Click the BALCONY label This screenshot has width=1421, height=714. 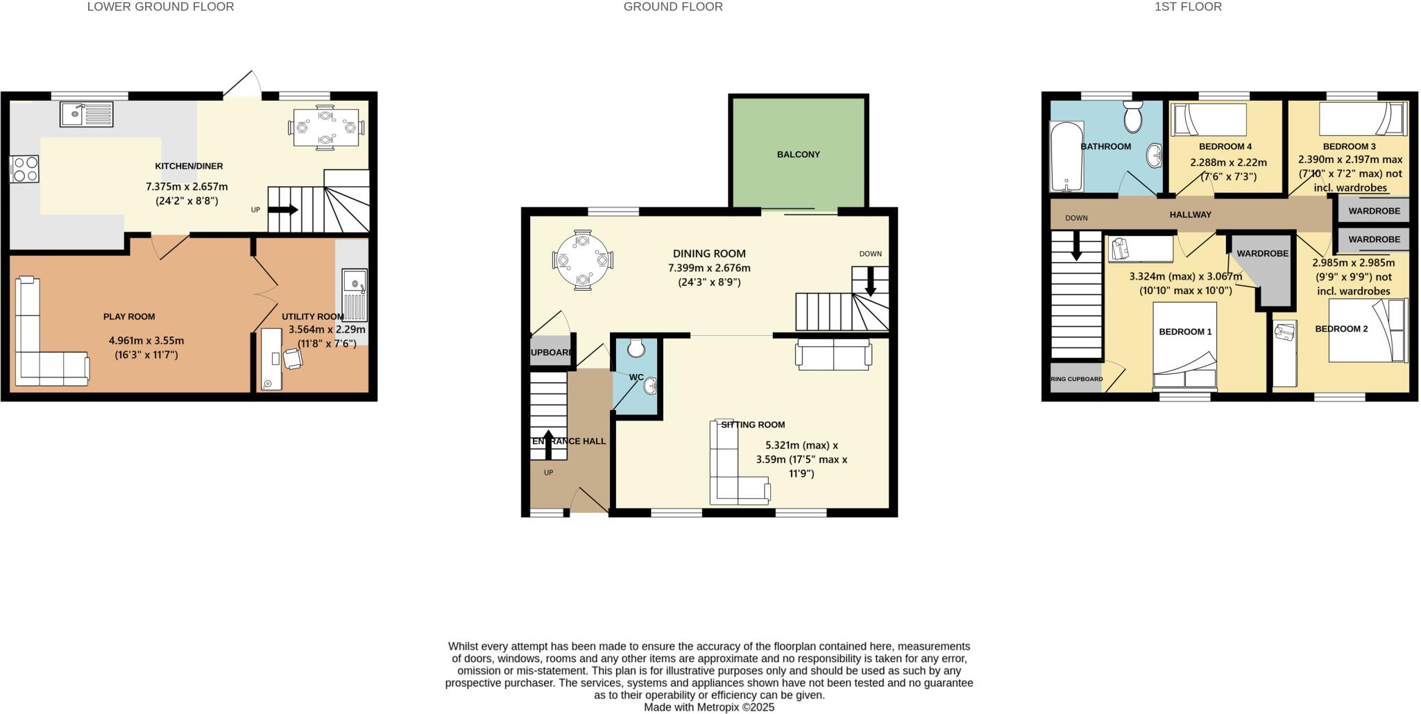coord(798,154)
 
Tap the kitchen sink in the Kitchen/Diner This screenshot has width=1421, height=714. coord(86,114)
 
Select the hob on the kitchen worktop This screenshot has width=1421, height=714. coord(24,169)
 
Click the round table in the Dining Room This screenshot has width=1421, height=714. coord(583,260)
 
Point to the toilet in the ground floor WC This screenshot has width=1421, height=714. coord(636,346)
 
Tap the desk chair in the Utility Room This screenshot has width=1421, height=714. coord(293,358)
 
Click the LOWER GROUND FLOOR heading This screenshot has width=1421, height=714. coord(160,7)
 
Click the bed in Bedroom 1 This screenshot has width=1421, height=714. coord(1184,345)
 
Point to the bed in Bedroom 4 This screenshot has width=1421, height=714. coord(1209,119)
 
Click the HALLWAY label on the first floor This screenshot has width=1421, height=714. coord(1190,214)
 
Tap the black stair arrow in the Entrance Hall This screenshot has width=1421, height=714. coord(548,445)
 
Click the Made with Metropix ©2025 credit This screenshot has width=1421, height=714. coord(708,707)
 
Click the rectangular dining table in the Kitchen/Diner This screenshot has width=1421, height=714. coord(325,127)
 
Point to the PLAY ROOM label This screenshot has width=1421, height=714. coord(129,316)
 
